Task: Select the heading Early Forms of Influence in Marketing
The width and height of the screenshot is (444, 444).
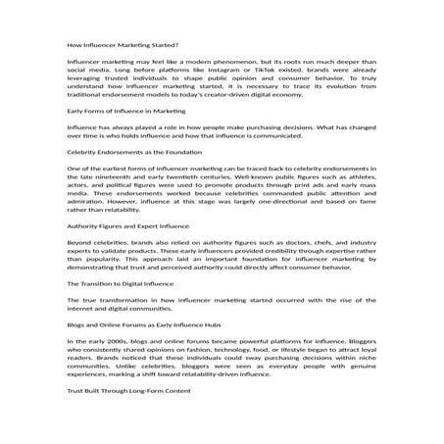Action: tap(125, 138)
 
